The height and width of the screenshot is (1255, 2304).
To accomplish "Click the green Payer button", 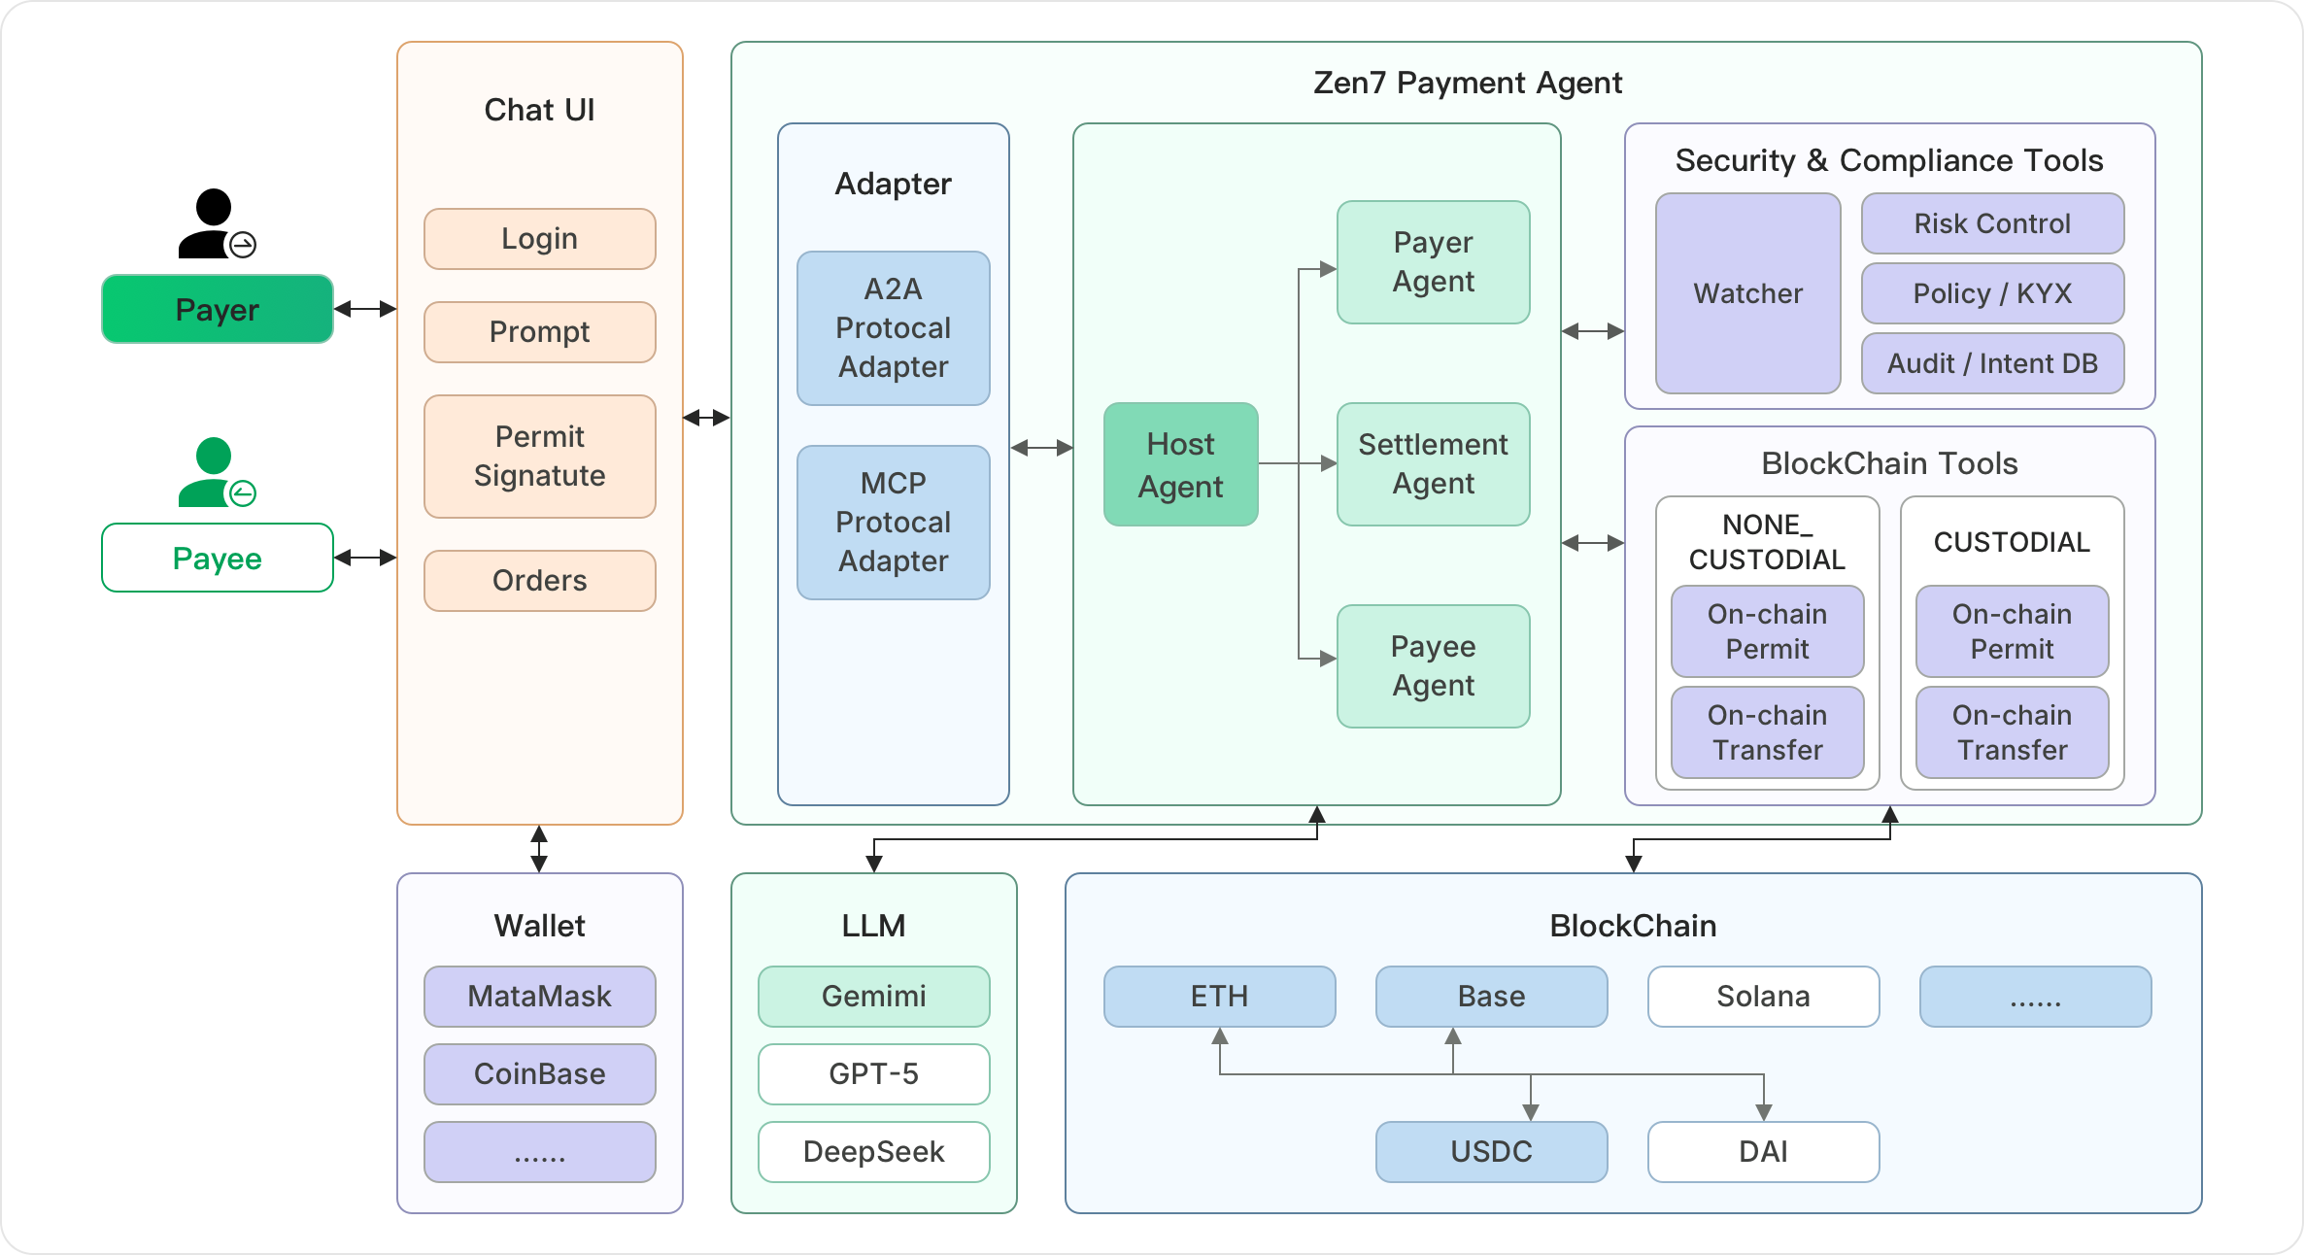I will click(218, 309).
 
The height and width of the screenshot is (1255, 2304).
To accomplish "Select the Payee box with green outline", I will click(218, 558).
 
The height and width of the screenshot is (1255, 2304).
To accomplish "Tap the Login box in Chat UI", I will click(539, 239).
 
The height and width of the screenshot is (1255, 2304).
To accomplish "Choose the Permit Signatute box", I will click(539, 456).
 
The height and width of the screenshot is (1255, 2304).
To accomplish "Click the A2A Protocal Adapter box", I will click(893, 328).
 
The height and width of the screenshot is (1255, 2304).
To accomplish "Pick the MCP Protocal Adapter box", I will click(893, 523).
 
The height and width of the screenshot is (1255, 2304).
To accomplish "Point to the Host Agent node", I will click(1180, 464).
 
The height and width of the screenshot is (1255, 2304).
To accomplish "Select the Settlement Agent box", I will click(1433, 464).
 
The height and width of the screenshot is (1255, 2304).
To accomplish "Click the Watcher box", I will click(1747, 293).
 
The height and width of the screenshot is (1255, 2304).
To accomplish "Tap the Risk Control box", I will click(1992, 223).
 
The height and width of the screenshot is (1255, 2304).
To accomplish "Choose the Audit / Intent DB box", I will click(1992, 363).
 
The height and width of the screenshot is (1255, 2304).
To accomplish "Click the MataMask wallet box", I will click(539, 997).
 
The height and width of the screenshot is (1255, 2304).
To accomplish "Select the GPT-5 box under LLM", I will click(873, 1074).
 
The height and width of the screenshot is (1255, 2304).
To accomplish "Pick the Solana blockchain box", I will click(1763, 997).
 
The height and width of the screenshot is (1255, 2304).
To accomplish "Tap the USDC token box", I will click(1491, 1152).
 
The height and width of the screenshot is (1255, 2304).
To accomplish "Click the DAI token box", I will click(1763, 1152).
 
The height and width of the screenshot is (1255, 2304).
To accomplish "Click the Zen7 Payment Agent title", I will click(1467, 84).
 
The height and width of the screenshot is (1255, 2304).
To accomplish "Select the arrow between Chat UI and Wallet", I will click(539, 849).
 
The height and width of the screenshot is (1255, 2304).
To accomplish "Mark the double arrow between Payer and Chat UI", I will click(365, 309).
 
